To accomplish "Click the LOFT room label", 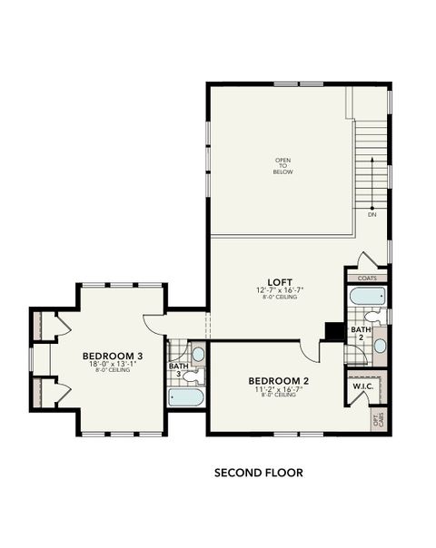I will point(279,282).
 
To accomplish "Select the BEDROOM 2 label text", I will point(279,380).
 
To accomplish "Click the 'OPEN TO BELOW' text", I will point(283,166).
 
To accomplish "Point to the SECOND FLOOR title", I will point(258,473).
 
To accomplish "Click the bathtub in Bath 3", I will point(187,396).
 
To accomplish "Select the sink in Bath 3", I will point(198,354).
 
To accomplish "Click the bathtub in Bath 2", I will point(367,296).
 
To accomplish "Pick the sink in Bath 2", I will point(380,346).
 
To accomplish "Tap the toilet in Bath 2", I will point(380,317).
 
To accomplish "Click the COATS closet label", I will point(367,279).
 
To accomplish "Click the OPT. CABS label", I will point(379,419).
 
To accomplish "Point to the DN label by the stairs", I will point(372,215).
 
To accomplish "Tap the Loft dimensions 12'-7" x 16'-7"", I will point(279,290).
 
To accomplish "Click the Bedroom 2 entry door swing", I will point(312,352).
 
